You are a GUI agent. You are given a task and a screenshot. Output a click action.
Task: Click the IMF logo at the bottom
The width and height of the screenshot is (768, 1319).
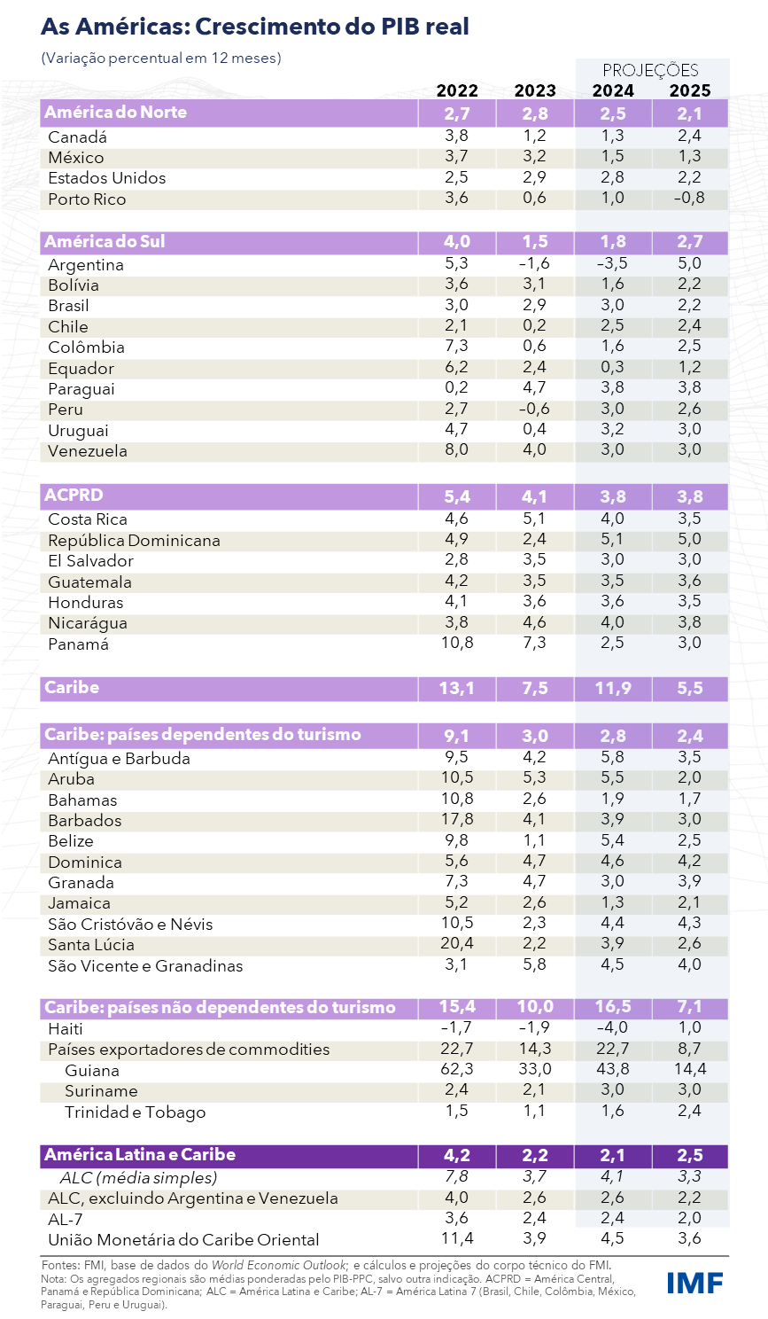(694, 1282)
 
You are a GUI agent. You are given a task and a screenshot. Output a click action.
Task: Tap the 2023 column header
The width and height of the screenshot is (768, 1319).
(535, 90)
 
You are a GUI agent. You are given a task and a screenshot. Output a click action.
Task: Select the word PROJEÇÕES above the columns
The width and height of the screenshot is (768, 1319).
(650, 70)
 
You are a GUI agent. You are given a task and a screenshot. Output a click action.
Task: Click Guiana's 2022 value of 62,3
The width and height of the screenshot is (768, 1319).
(457, 1069)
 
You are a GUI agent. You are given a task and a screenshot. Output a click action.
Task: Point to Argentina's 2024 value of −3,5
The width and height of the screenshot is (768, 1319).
(612, 263)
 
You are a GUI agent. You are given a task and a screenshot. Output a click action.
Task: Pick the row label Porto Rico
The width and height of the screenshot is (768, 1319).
(87, 199)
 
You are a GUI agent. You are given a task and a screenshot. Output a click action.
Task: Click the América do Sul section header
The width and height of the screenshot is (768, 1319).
(105, 242)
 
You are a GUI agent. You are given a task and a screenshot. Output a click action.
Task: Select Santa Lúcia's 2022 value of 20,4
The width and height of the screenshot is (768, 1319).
(457, 943)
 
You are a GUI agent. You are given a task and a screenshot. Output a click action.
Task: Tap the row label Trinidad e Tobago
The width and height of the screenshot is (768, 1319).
(135, 1112)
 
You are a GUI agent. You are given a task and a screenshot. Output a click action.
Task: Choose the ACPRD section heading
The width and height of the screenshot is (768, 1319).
(74, 495)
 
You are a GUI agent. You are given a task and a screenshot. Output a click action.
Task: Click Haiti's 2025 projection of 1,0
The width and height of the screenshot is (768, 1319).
(689, 1027)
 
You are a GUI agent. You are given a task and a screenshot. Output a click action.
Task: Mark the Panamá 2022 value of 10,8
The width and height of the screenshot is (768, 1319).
(457, 642)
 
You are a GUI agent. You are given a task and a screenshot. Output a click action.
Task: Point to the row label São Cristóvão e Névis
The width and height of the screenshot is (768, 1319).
(130, 924)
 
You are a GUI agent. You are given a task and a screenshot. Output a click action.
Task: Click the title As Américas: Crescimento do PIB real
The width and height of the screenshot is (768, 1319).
(255, 27)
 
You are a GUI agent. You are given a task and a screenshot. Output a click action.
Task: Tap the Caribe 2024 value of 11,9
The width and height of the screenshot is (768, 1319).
(612, 688)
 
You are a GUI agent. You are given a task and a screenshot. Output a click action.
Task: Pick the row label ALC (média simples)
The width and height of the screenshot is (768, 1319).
(138, 1177)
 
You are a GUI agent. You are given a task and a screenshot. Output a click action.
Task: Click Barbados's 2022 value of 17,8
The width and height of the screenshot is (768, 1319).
(457, 819)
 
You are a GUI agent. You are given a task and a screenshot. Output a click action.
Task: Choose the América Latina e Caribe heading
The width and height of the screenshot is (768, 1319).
(140, 1154)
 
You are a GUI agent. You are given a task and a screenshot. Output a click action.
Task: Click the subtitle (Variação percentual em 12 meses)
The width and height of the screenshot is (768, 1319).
(160, 58)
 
